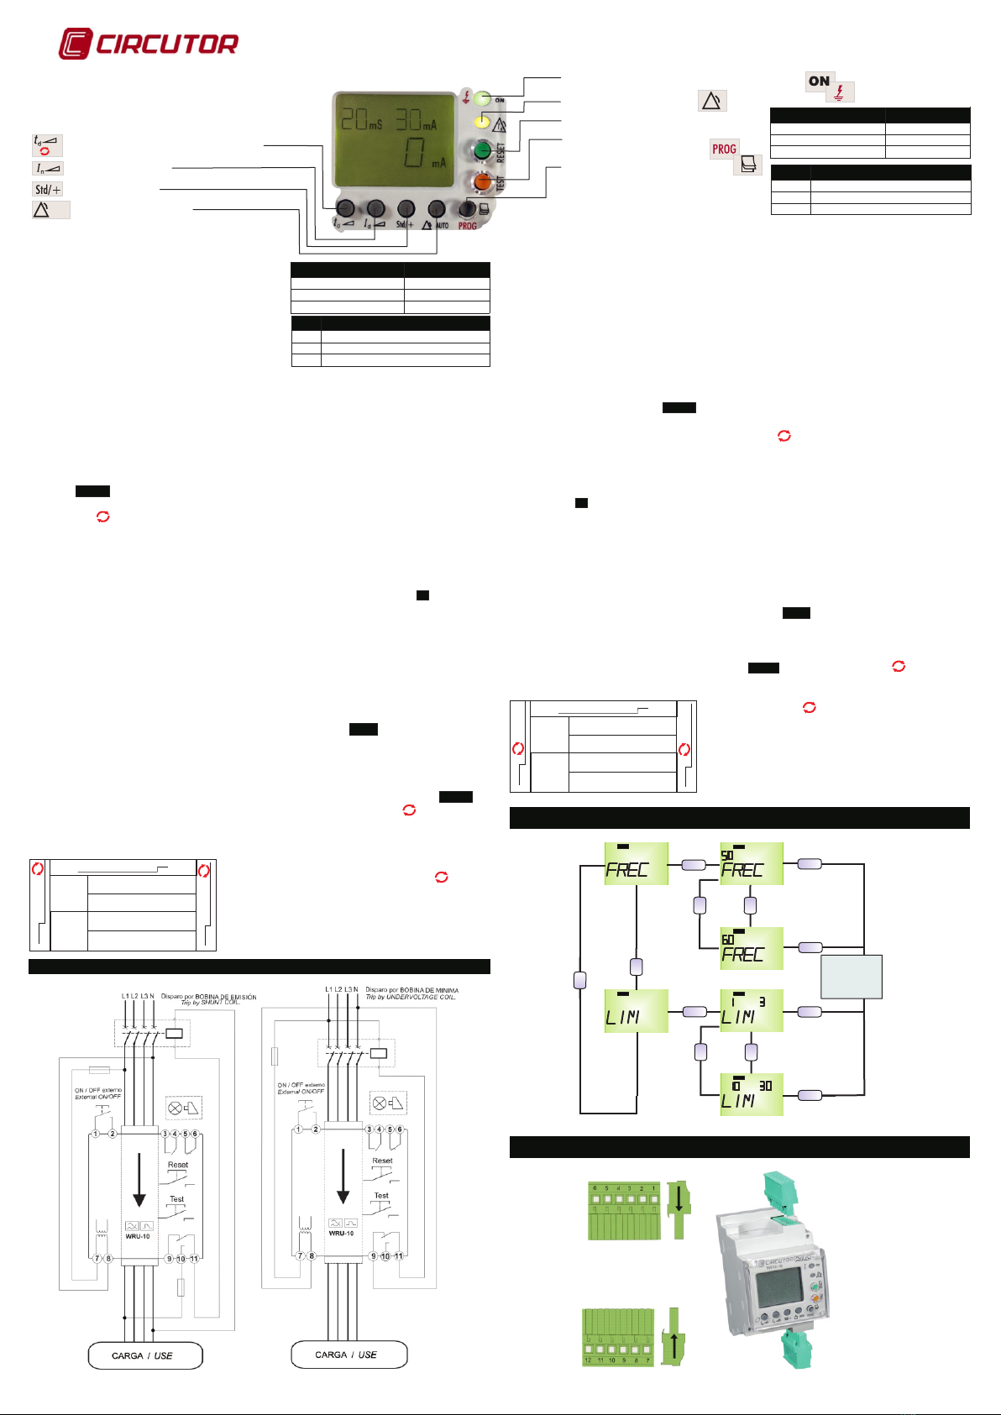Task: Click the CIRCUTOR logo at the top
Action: [x=149, y=44]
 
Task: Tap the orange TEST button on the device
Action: [x=482, y=181]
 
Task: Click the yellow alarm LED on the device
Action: [x=481, y=123]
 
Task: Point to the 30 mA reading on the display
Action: [x=416, y=119]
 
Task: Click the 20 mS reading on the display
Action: [x=362, y=119]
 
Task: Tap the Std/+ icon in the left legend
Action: [x=48, y=189]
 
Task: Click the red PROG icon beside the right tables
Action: [x=724, y=149]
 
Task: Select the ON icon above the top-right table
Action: [x=820, y=81]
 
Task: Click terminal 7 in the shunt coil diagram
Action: [x=97, y=1259]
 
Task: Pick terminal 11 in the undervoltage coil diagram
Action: [x=398, y=1256]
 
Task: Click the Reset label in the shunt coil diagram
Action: [x=178, y=1165]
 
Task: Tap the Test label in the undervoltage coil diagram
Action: [x=381, y=1195]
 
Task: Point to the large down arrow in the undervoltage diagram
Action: [x=343, y=1175]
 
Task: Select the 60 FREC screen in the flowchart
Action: [x=752, y=948]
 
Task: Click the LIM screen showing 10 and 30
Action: [x=752, y=1093]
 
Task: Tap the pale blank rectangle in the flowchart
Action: [x=851, y=977]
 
